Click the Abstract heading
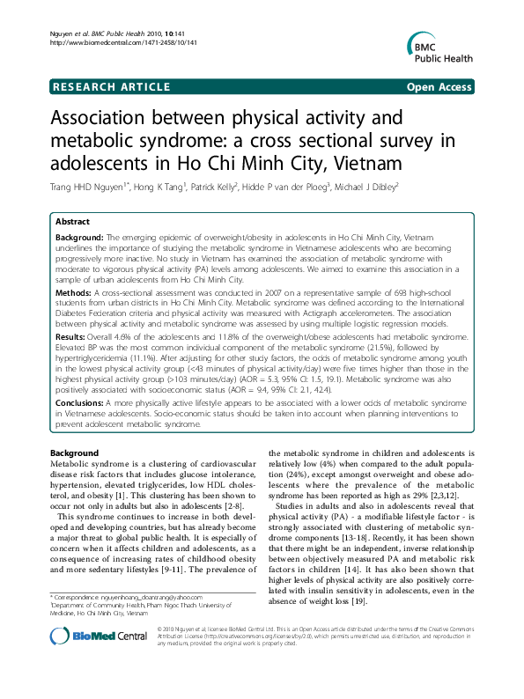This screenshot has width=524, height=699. tap(76, 223)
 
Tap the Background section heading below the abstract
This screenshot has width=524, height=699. tap(75, 452)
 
